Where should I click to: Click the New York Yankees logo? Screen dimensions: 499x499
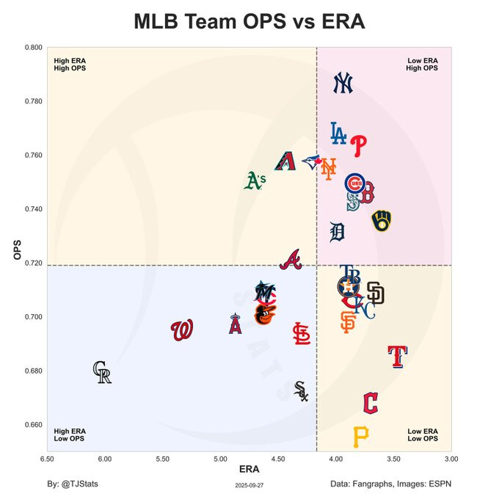coord(343,84)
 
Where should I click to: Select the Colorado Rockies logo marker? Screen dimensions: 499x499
coord(102,373)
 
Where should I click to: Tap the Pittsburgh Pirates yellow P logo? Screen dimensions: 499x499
coord(360,437)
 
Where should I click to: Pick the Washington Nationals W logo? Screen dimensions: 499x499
coord(182,330)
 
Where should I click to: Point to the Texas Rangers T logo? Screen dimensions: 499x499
coord(397,356)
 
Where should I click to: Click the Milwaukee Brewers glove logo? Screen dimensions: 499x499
coord(381,220)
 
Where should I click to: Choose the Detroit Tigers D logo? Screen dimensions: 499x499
coord(337,232)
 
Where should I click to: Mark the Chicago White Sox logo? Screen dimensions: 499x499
coord(301,391)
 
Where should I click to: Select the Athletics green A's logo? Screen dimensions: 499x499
coord(254,181)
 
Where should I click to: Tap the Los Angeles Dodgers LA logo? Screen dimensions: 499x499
coord(338,133)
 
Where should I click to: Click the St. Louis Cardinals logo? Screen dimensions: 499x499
coord(301,334)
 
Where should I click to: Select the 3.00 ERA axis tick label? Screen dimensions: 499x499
coord(451,459)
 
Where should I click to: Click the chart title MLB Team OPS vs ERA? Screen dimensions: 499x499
coord(249,21)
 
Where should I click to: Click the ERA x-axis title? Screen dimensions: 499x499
coord(249,470)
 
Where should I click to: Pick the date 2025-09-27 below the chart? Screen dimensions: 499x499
coord(249,485)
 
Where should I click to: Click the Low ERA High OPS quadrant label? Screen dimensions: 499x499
coord(422,65)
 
